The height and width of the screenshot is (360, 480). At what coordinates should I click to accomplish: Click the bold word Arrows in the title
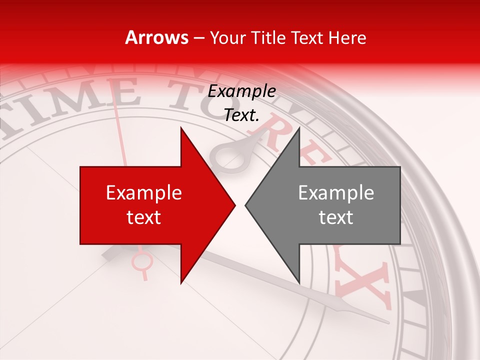click(157, 37)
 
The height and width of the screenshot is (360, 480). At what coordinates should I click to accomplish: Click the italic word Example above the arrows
click(241, 91)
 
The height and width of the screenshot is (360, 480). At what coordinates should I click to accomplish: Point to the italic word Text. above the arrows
click(241, 115)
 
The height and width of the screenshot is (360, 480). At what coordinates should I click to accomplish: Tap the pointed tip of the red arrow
click(234, 205)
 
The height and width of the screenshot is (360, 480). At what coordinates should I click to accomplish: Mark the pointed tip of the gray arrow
click(246, 205)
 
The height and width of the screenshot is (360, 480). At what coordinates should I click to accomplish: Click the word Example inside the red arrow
click(144, 193)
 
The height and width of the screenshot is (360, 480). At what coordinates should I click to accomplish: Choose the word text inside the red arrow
click(144, 217)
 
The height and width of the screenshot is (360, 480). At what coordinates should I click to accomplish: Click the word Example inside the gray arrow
click(336, 193)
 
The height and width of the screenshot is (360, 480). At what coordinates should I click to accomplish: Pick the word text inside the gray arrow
click(336, 217)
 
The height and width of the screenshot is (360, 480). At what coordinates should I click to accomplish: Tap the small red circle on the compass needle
click(141, 260)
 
